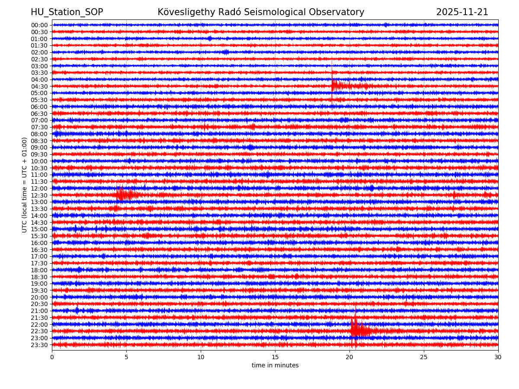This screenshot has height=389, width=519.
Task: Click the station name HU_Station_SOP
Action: click(67, 13)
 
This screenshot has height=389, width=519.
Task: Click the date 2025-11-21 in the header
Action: click(462, 13)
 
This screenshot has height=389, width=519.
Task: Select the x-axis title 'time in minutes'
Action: click(275, 366)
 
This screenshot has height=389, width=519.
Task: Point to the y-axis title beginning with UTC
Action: click(25, 185)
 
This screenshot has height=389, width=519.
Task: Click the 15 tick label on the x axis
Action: click(275, 357)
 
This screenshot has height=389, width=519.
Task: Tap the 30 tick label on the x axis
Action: click(498, 357)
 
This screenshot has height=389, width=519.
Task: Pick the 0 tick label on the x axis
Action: click(52, 357)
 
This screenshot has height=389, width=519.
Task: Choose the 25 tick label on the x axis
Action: click(424, 357)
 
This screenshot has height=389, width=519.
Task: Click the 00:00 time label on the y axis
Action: click(39, 25)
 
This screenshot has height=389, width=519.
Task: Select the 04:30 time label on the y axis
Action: click(39, 86)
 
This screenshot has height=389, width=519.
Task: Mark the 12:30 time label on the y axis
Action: click(39, 195)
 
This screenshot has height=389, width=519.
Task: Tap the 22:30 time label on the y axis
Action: click(39, 332)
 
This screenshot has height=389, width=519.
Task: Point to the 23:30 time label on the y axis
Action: click(39, 345)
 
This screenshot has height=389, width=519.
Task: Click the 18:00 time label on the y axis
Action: click(39, 270)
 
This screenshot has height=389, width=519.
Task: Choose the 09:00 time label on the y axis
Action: click(39, 147)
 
